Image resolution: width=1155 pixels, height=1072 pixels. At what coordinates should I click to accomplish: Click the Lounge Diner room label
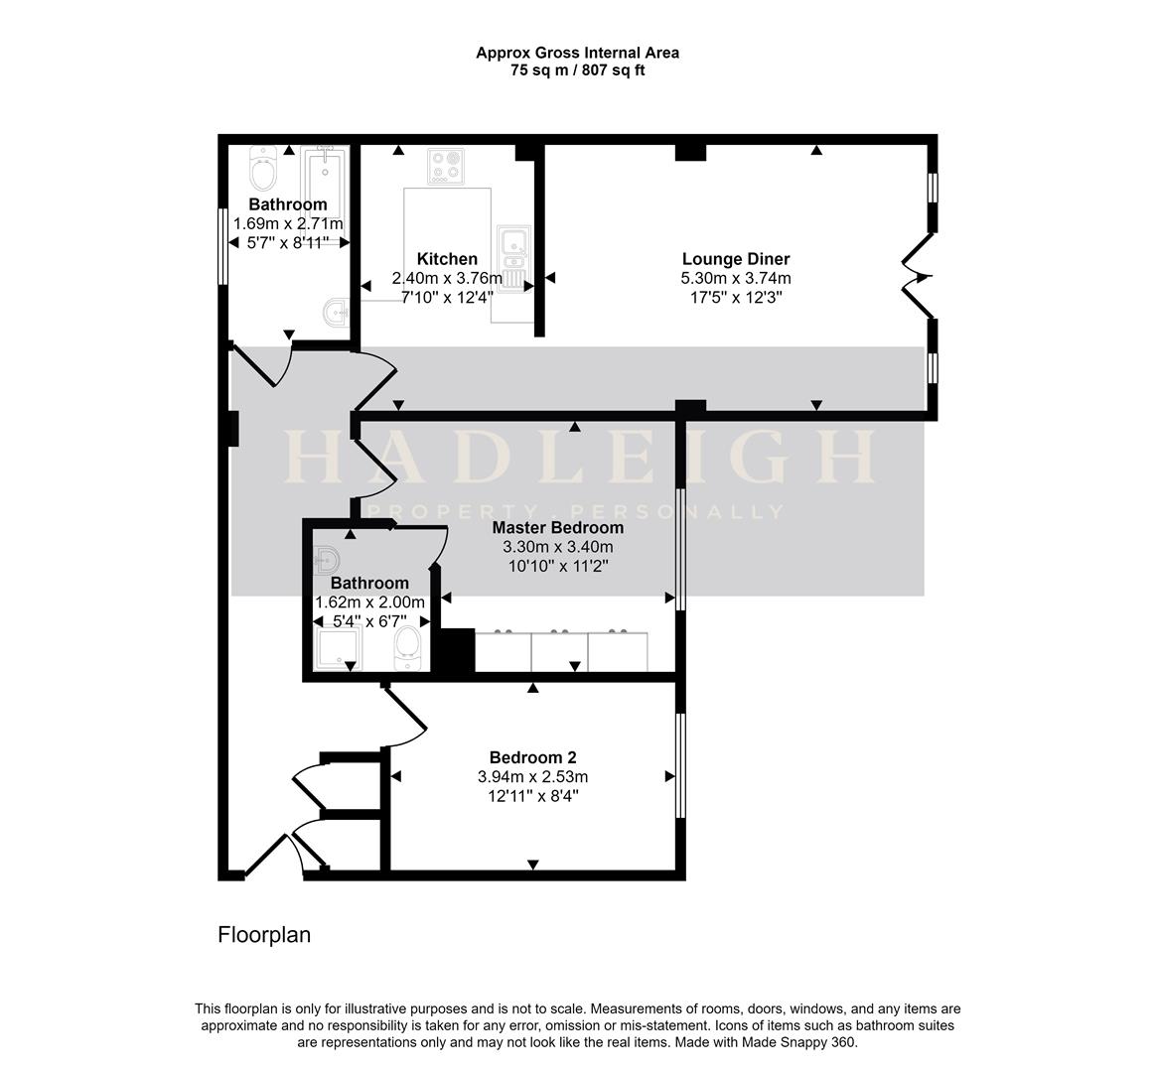click(x=736, y=260)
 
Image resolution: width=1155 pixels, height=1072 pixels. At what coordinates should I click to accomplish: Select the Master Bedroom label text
click(x=557, y=528)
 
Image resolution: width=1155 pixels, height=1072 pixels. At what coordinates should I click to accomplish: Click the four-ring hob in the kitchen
click(x=446, y=166)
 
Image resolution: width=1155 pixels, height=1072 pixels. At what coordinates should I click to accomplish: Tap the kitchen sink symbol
click(x=514, y=241)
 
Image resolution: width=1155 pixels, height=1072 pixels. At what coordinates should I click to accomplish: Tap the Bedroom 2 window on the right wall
click(x=680, y=765)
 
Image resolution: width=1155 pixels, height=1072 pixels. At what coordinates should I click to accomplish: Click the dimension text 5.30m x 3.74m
click(x=736, y=279)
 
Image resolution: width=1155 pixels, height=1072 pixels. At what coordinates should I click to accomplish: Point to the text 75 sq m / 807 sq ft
click(x=577, y=70)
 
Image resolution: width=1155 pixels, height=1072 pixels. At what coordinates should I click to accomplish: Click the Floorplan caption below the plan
click(x=264, y=935)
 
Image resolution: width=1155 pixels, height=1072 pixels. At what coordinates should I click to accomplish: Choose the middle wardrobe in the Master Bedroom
click(x=560, y=651)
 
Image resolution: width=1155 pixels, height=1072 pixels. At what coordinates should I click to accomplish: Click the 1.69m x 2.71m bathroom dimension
click(x=288, y=223)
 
